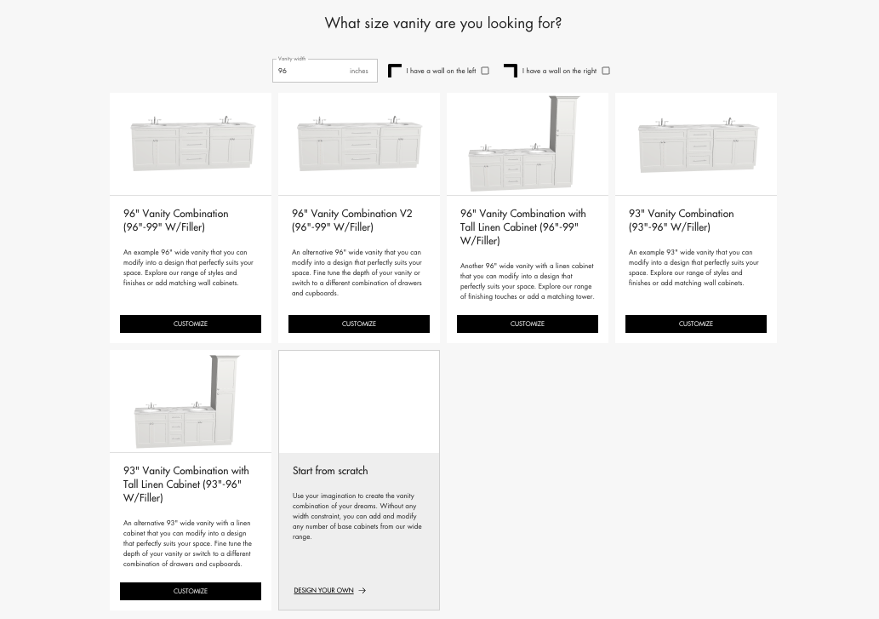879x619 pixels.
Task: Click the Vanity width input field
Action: point(311,72)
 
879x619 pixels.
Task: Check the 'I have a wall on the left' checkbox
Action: point(485,71)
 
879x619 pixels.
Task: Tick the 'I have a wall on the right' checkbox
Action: point(606,71)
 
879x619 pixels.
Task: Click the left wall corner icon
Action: point(395,71)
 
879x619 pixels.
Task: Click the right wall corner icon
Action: point(511,71)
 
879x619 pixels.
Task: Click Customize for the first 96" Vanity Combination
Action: point(191,324)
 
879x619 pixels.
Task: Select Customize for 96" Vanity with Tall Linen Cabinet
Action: point(528,324)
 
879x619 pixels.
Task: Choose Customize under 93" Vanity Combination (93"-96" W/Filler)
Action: point(696,324)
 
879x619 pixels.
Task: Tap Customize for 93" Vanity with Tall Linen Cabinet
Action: point(191,591)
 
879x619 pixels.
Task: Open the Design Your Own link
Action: point(323,590)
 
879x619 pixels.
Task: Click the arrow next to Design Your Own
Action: point(362,590)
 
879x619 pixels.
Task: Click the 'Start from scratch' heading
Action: point(330,470)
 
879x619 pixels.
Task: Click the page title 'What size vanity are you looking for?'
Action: point(442,23)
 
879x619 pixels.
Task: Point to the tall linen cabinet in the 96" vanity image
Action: point(564,140)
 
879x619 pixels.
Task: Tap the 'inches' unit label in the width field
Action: point(359,72)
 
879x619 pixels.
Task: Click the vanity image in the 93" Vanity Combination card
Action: point(698,146)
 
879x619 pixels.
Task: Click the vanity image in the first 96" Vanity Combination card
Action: point(191,146)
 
